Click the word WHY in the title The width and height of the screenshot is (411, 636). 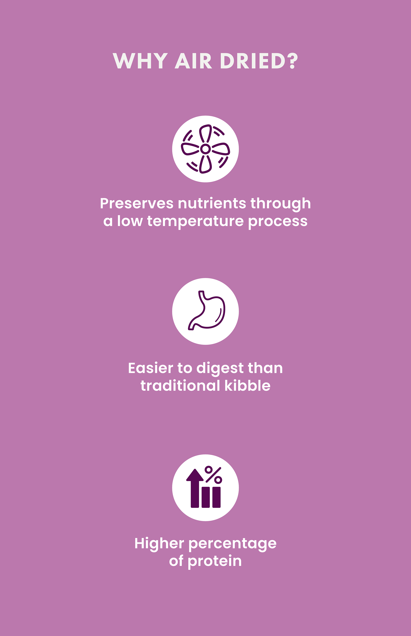click(x=140, y=61)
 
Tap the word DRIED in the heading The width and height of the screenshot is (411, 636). click(x=253, y=61)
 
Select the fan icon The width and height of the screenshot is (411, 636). click(x=205, y=149)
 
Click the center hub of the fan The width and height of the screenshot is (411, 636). click(x=205, y=149)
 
